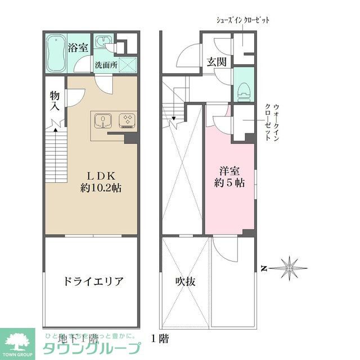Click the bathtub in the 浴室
tap(56, 54)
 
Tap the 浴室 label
tap(77, 47)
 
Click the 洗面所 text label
tap(106, 65)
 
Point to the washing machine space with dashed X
tap(128, 65)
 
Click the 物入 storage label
tap(55, 101)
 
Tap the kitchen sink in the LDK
tap(103, 120)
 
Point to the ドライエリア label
tap(92, 281)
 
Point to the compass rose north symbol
tap(289, 267)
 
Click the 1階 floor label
tap(159, 339)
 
